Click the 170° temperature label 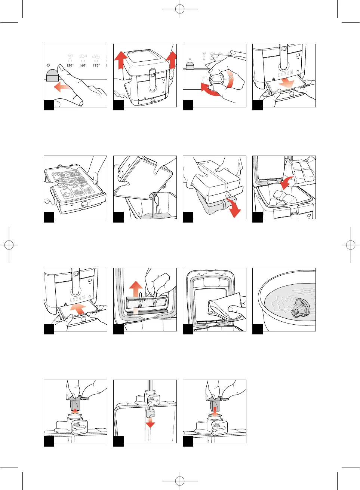[96, 65]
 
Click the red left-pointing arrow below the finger [62, 88]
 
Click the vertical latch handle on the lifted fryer [152, 79]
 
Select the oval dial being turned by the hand [216, 80]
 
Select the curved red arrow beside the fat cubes [287, 183]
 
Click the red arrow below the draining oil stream [150, 423]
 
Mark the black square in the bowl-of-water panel [258, 329]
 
